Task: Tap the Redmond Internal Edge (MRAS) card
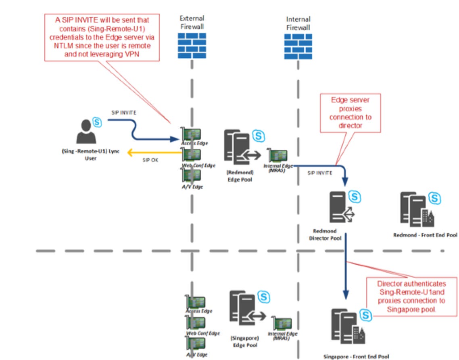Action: tap(277, 155)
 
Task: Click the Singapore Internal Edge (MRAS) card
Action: tap(281, 323)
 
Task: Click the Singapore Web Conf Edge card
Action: tap(196, 322)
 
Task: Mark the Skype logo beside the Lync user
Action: tap(97, 121)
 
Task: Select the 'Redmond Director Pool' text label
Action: tap(327, 235)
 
